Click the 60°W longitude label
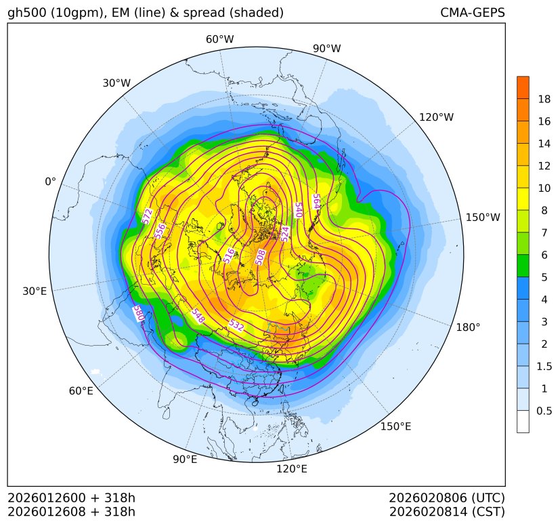219,39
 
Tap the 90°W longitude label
327,49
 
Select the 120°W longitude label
436,117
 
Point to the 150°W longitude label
483,218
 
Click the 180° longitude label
468,327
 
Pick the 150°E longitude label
395,426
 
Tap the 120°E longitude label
292,468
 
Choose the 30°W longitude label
116,83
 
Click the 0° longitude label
50,182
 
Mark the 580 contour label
139,314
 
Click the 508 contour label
260,256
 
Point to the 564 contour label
316,202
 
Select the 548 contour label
198,316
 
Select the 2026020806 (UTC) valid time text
447,498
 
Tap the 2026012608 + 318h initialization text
72,511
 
